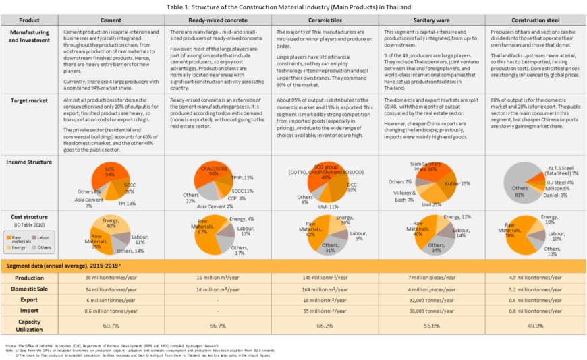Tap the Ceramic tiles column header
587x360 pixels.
[325, 20]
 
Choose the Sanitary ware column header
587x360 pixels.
[431, 20]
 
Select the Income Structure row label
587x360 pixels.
[29, 162]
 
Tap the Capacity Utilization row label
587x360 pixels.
[29, 325]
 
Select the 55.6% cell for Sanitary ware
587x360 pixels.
[431, 325]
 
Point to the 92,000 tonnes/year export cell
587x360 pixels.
[431, 301]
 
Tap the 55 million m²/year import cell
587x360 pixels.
[325, 312]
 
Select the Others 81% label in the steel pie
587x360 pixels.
[520, 191]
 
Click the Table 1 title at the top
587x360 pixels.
[293, 6]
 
